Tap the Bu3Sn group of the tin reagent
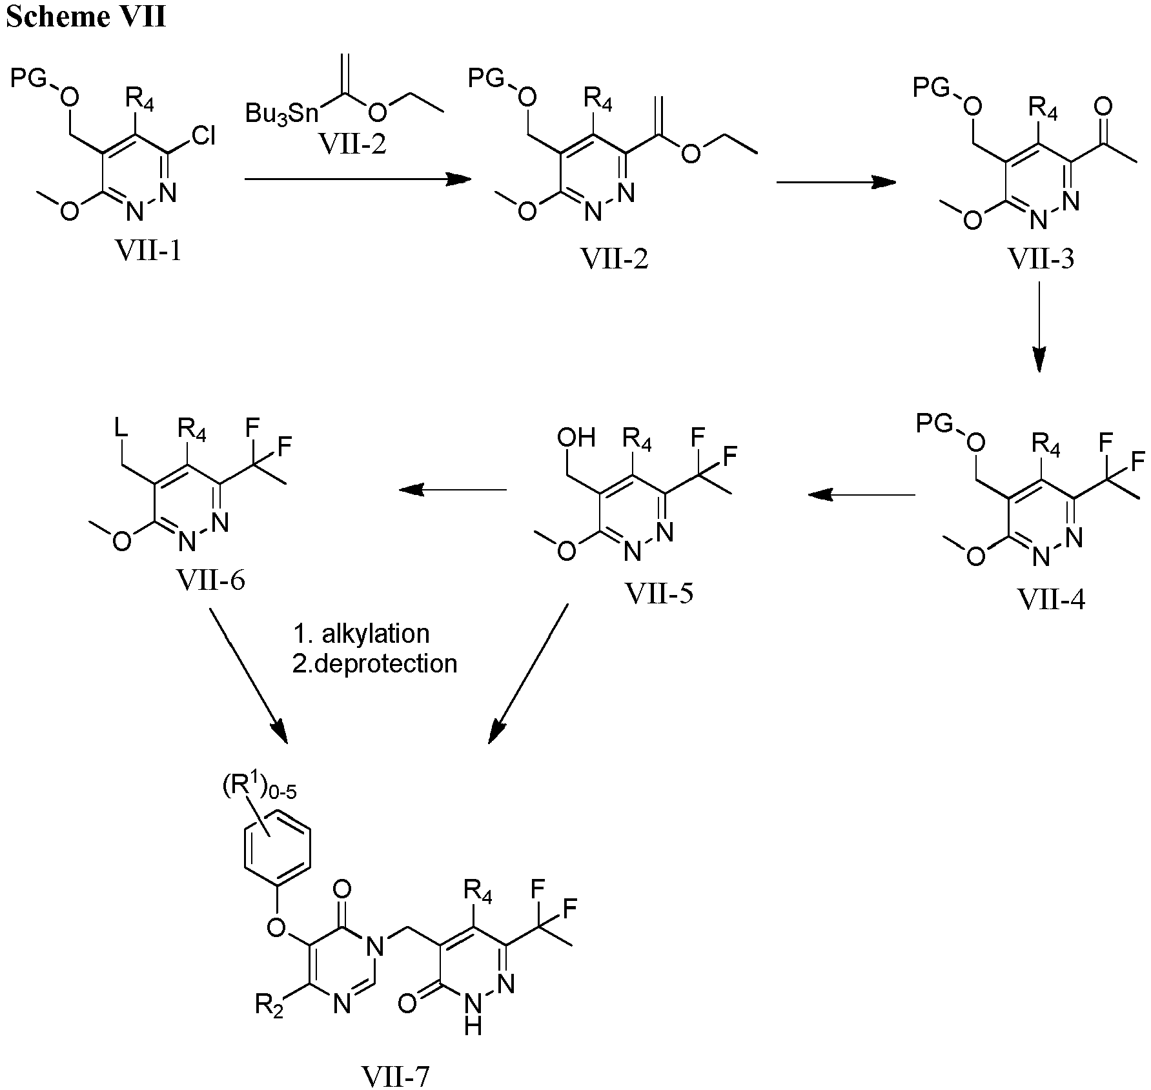pyautogui.click(x=283, y=114)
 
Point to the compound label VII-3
pyautogui.click(x=1041, y=259)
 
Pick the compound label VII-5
pyautogui.click(x=659, y=592)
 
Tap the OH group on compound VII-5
pyautogui.click(x=576, y=438)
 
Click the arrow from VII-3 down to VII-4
pyautogui.click(x=1039, y=327)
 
